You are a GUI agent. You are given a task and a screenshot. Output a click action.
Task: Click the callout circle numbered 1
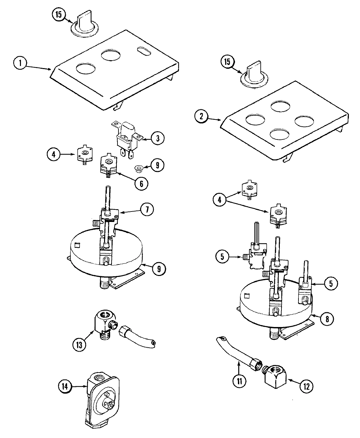click(x=20, y=63)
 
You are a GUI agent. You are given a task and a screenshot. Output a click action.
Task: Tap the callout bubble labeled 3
click(x=158, y=138)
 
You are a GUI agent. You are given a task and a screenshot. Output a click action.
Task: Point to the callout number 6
click(x=141, y=184)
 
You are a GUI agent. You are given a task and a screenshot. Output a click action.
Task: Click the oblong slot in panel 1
click(x=144, y=51)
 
